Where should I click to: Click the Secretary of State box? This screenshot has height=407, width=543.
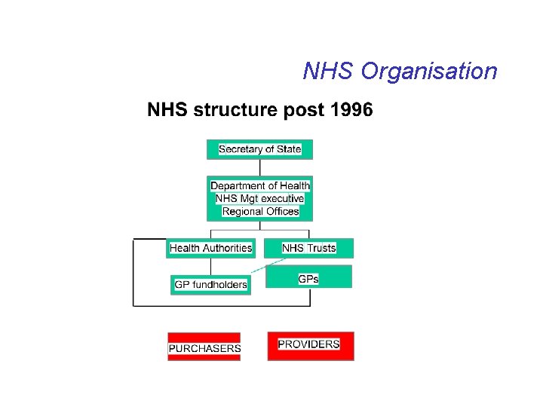click(x=259, y=149)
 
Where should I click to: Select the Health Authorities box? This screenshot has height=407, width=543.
click(x=210, y=248)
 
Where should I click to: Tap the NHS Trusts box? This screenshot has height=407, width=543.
click(x=308, y=248)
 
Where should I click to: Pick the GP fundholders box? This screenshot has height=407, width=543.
click(x=210, y=284)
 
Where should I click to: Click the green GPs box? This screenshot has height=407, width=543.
click(x=308, y=277)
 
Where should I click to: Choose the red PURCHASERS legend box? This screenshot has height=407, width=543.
click(x=204, y=347)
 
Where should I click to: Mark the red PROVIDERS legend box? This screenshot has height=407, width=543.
click(x=310, y=345)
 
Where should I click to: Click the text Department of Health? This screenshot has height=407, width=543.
click(x=259, y=185)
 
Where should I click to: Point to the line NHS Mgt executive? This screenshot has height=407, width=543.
click(x=259, y=198)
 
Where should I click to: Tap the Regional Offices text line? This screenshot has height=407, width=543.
click(x=260, y=211)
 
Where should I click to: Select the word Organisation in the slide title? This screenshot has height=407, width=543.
click(x=429, y=72)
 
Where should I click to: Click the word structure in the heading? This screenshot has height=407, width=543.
click(x=236, y=111)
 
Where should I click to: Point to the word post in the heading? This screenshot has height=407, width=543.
click(x=300, y=111)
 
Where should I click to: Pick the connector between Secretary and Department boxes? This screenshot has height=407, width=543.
click(x=259, y=167)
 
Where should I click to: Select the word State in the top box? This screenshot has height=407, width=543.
click(x=288, y=149)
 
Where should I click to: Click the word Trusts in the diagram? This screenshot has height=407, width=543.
click(x=321, y=248)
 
